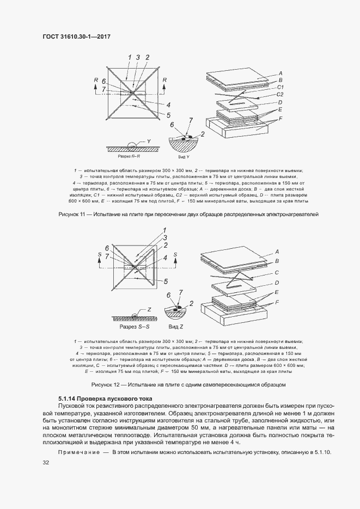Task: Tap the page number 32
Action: (x=46, y=463)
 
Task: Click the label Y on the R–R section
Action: (x=148, y=141)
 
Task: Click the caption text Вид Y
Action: (x=185, y=156)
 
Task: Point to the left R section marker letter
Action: (x=96, y=80)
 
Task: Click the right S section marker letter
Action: (x=175, y=254)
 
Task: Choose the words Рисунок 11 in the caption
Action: (x=73, y=214)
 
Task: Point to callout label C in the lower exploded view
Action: (x=277, y=272)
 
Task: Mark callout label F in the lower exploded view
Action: (x=277, y=302)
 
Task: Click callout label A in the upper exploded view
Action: (x=280, y=72)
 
